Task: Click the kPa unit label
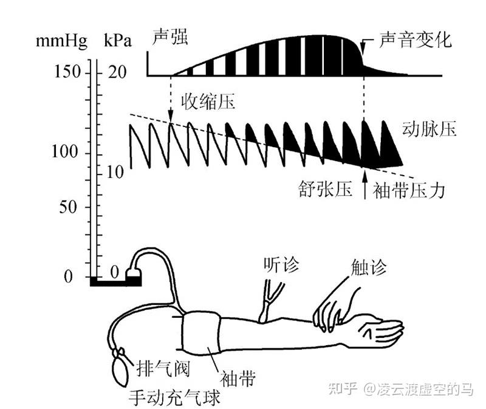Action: pyautogui.click(x=117, y=42)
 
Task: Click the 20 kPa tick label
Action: pyautogui.click(x=117, y=72)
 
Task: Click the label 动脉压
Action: pyautogui.click(x=429, y=129)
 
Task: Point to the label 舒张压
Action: pyautogui.click(x=325, y=190)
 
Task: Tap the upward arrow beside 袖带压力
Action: pyautogui.click(x=364, y=185)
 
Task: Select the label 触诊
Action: pyautogui.click(x=368, y=266)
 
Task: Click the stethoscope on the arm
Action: pyautogui.click(x=268, y=301)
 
